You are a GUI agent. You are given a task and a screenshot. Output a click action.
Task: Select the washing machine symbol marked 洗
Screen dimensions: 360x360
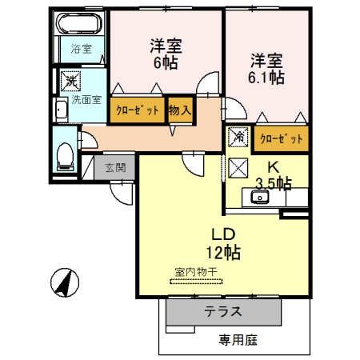point(70,81)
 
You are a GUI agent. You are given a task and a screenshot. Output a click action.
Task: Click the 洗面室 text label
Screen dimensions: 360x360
point(86,100)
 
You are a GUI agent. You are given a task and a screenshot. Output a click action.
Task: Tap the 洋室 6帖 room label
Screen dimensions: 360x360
point(163,53)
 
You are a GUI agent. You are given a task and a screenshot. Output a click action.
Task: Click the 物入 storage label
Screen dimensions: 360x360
point(180,110)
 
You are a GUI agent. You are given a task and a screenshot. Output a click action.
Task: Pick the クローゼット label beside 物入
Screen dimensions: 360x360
point(136,110)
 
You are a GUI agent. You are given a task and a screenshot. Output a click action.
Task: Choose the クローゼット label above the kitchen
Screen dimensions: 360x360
point(280,139)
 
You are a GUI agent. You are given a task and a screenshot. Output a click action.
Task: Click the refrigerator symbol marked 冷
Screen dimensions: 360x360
point(238,137)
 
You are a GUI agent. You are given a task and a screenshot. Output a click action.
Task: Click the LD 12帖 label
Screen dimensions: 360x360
point(220,244)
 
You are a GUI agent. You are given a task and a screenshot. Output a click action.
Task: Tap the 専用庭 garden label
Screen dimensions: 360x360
point(238,340)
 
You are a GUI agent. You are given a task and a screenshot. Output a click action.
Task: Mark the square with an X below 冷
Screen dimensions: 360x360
point(238,166)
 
